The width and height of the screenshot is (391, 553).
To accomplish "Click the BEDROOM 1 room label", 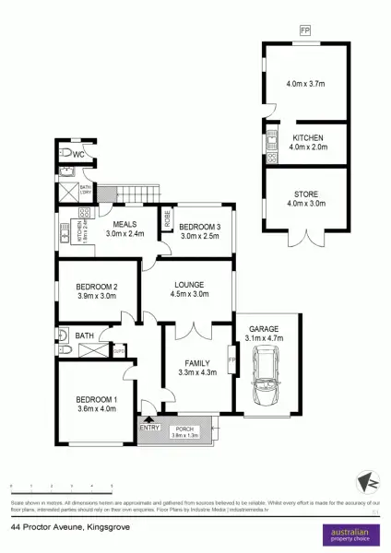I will coord(96,399).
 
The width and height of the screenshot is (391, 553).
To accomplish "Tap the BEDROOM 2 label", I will coord(96,288).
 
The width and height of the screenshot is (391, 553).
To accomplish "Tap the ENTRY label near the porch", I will coord(148,428).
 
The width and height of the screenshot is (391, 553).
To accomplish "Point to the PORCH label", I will coord(184,428).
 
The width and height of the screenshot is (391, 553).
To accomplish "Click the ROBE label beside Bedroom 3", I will coord(167,219).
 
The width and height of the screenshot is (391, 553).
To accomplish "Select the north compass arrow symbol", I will coord(366,482).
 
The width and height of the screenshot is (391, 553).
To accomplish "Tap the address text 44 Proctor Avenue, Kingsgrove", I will coord(70,527).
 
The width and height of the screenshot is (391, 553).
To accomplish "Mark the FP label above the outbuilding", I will coord(305,31).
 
